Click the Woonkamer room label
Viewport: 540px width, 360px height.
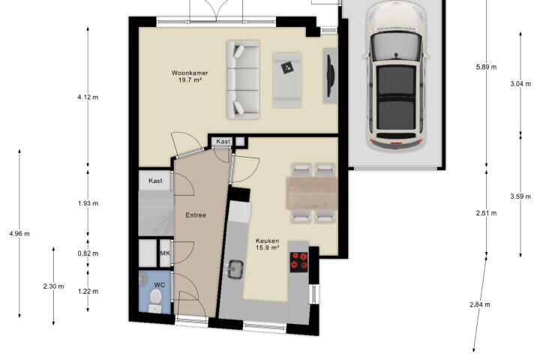coord(190,73)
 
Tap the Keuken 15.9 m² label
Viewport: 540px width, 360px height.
coord(267,244)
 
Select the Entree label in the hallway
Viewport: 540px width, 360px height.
coord(196,215)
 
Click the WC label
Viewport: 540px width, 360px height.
coord(160,285)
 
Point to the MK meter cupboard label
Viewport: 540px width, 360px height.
coord(165,253)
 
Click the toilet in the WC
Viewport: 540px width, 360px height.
coord(156,301)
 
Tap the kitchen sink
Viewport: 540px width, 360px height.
coord(236,268)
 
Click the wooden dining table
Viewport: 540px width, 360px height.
coord(312,193)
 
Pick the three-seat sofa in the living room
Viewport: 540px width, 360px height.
coord(243,80)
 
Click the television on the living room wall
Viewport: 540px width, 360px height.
coord(330,75)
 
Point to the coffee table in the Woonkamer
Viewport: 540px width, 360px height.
coord(286,80)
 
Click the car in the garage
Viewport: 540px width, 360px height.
coord(396,76)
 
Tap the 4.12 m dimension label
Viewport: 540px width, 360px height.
coord(88,97)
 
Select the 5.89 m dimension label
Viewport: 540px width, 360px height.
coord(486,67)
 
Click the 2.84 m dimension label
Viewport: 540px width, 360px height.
coord(480,304)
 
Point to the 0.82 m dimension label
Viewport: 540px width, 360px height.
coord(88,253)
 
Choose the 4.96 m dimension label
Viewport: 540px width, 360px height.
coord(19,233)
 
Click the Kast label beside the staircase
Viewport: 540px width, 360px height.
coord(155,181)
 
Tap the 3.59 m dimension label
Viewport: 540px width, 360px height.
coord(520,196)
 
